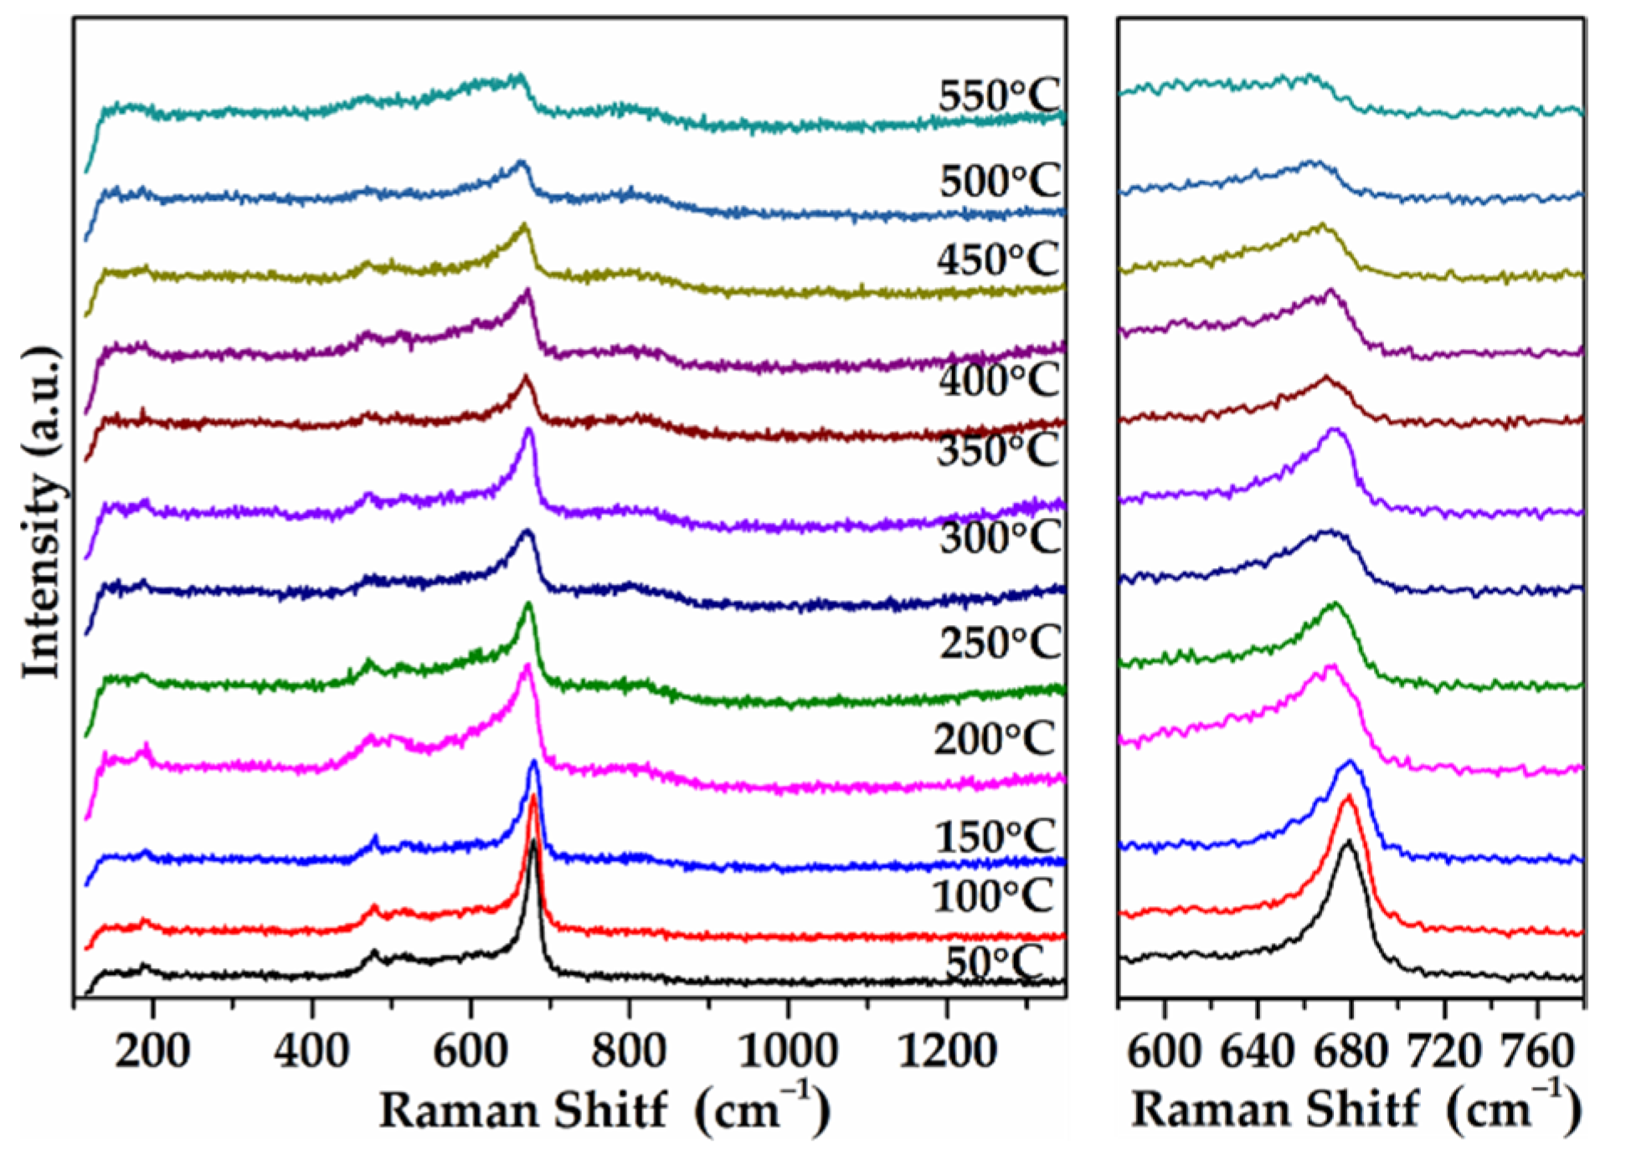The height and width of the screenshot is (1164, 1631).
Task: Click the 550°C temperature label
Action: click(x=998, y=96)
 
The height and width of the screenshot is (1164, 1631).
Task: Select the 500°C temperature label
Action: click(x=999, y=181)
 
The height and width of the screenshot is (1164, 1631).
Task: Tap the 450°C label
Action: click(x=997, y=259)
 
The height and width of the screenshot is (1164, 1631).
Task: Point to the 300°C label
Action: click(x=999, y=536)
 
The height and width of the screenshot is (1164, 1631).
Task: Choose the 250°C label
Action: click(x=999, y=643)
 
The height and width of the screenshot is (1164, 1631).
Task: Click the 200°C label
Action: click(x=994, y=739)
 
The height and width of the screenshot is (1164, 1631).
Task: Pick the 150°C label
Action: click(x=995, y=836)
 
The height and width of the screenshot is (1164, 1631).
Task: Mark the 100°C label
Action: click(x=992, y=896)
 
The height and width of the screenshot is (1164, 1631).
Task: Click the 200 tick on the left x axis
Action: click(x=152, y=1049)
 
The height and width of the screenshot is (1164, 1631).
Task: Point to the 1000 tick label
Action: click(x=787, y=1049)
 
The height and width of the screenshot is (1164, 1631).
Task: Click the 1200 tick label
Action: click(x=946, y=1049)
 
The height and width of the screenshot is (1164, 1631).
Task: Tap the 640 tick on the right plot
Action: click(x=1257, y=1049)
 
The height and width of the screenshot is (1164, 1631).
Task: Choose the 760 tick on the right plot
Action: click(x=1536, y=1049)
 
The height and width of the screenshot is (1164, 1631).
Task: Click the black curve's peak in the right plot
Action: click(x=1348, y=842)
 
